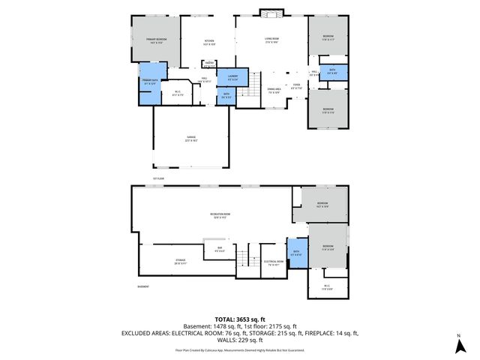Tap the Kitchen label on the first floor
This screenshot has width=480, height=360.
pyautogui.click(x=209, y=42)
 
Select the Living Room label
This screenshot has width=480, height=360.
pyautogui.click(x=271, y=40)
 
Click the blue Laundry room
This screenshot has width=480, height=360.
pyautogui.click(x=232, y=76)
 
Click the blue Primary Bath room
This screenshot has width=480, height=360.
pyautogui.click(x=148, y=82)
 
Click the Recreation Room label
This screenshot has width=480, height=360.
pyautogui.click(x=220, y=215)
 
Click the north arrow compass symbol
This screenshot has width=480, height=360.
pyautogui.click(x=458, y=345)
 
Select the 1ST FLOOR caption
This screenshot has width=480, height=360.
pyautogui.click(x=158, y=178)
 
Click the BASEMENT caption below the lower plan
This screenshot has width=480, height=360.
pyautogui.click(x=142, y=286)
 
